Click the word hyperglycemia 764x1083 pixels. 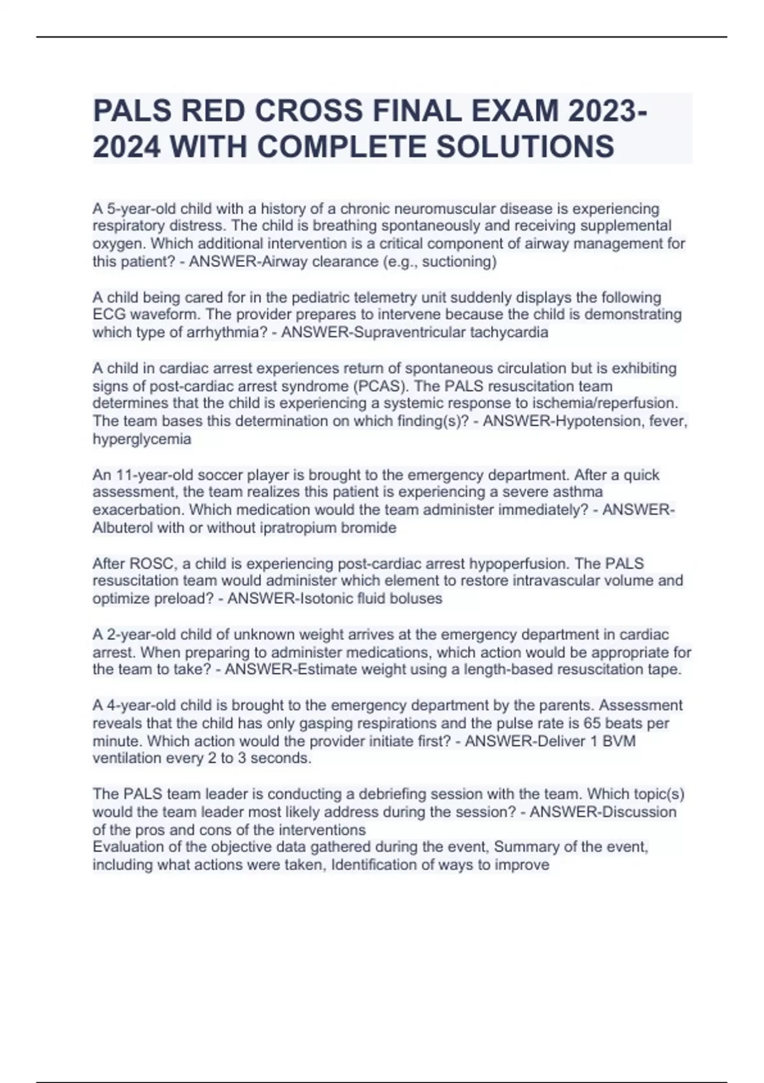point(141,439)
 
